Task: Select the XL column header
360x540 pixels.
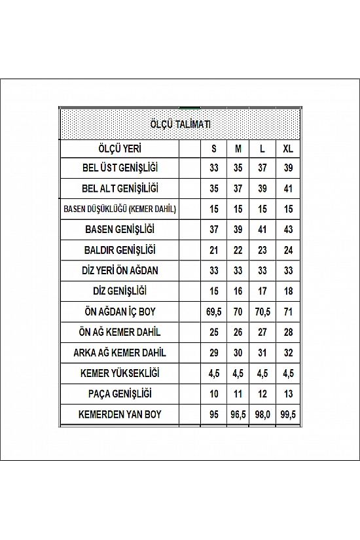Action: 288,148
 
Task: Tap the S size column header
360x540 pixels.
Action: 214,148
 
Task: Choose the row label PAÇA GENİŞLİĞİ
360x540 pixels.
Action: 120,393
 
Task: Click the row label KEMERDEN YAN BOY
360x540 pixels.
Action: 120,414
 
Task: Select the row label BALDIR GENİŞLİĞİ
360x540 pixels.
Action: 120,250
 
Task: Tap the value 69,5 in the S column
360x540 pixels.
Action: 214,312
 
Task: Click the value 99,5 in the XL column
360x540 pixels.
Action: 288,414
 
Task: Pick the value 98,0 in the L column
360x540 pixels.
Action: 262,414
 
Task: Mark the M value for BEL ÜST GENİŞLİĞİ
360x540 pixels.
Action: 238,168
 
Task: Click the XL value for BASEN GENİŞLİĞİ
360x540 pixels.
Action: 288,230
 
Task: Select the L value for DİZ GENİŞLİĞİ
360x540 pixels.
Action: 262,291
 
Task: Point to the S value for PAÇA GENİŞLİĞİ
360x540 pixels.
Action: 214,393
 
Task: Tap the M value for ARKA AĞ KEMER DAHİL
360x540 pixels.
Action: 238,353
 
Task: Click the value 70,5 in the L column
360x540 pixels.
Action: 262,312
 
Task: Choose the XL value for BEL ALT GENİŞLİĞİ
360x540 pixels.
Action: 288,189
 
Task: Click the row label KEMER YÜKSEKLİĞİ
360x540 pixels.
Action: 120,373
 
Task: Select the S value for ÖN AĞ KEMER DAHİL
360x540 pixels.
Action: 214,332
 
